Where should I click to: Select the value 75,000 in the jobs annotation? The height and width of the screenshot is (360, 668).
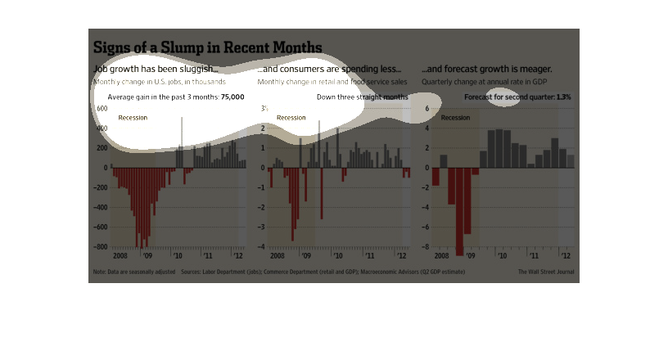[x=232, y=97]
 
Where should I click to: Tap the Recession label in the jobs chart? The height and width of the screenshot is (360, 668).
[x=133, y=118]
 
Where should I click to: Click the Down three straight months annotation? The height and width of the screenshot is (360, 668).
[x=362, y=97]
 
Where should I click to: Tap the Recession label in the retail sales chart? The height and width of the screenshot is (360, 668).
[x=291, y=118]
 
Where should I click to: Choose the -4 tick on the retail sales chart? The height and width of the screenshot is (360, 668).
[x=263, y=246]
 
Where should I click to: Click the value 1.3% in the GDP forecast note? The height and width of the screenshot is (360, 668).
[x=563, y=97]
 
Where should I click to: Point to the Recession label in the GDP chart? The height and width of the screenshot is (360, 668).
[x=455, y=118]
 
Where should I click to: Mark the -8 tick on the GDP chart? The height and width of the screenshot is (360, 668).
[x=427, y=246]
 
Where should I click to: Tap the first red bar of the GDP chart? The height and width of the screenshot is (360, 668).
[x=436, y=177]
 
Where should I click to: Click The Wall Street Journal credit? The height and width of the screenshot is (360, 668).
[x=546, y=271]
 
